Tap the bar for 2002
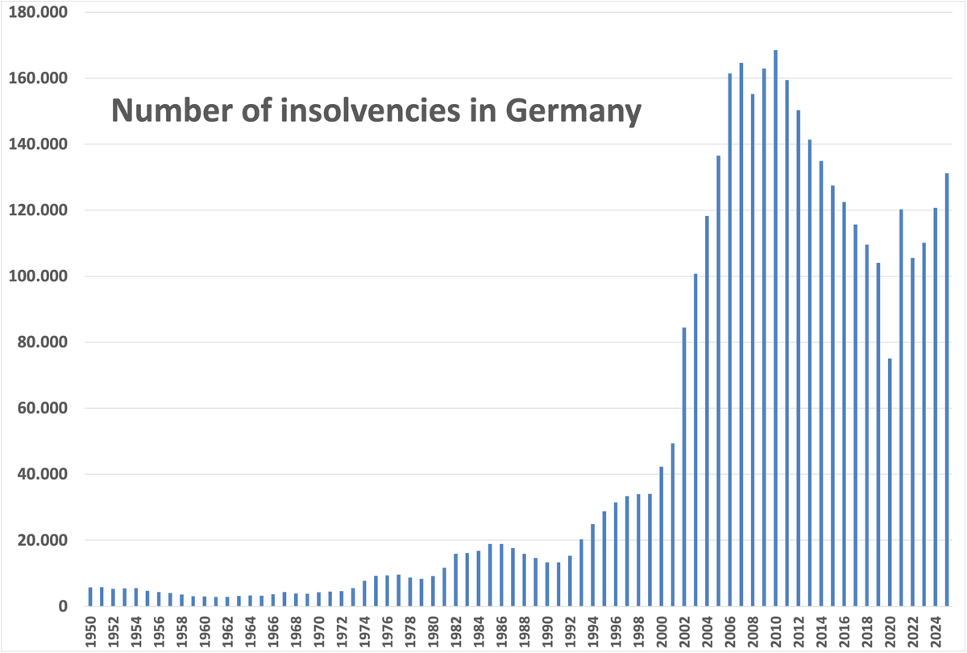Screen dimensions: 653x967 [684, 467]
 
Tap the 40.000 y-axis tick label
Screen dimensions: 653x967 [44, 474]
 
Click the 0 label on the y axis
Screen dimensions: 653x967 [62, 606]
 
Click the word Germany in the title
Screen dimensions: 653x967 [573, 110]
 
